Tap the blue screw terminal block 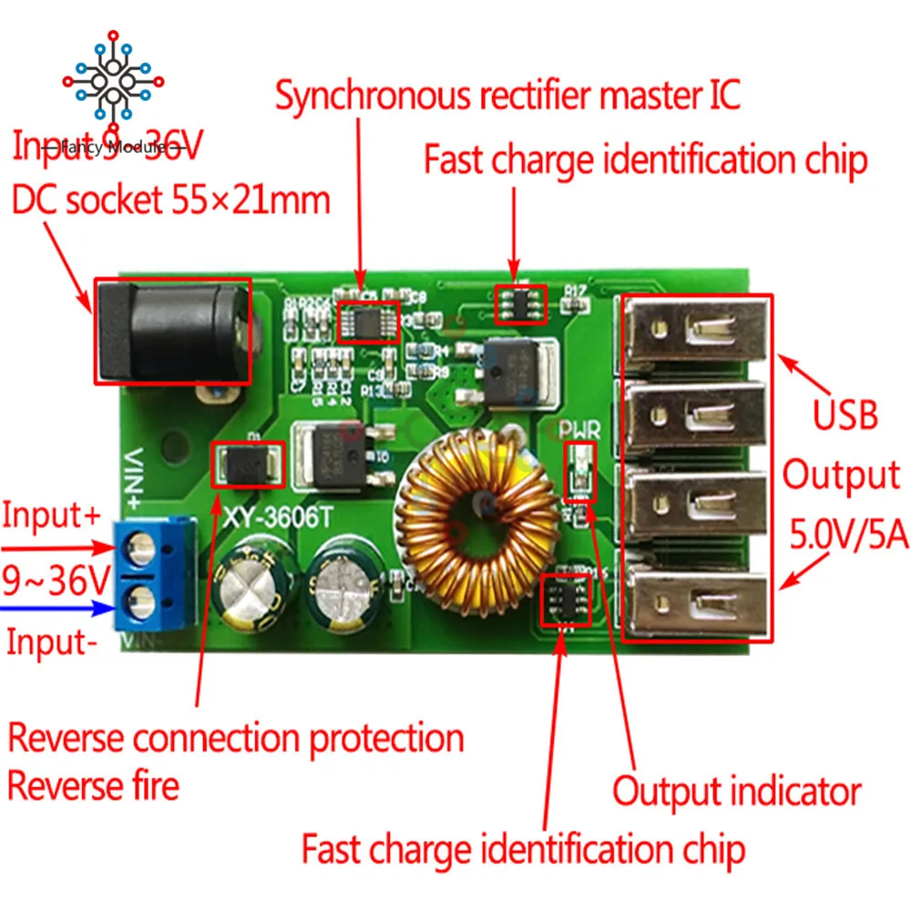click(156, 573)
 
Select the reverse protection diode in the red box click(249, 465)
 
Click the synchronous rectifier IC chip click(368, 320)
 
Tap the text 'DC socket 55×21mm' click(170, 199)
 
